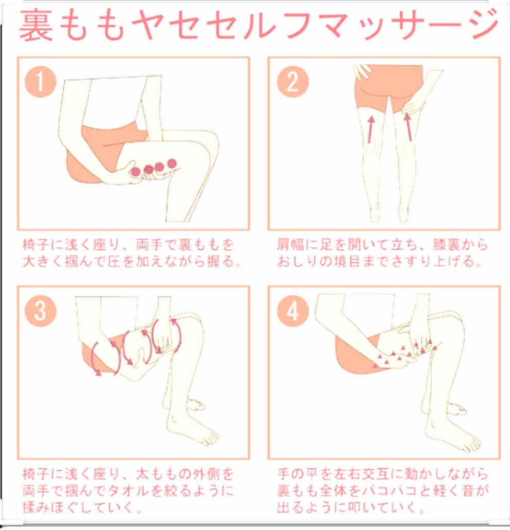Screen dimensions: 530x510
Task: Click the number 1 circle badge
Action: (40, 83)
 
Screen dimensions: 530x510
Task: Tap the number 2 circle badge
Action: (292, 83)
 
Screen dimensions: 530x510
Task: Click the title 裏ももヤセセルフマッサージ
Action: (258, 25)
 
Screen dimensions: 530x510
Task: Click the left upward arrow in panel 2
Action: (370, 129)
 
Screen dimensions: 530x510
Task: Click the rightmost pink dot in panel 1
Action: (172, 163)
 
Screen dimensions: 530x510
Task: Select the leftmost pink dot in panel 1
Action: (135, 172)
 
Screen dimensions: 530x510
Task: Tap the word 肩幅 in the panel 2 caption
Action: (289, 245)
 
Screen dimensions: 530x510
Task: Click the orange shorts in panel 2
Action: (388, 85)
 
